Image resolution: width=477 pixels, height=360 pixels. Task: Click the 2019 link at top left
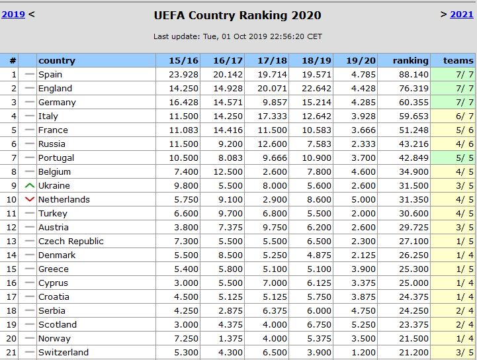pos(13,14)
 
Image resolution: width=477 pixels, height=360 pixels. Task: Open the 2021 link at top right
pos(462,14)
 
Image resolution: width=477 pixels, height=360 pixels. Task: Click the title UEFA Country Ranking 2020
pos(238,15)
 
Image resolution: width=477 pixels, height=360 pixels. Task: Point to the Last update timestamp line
pos(238,36)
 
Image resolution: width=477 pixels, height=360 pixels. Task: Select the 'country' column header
pos(57,60)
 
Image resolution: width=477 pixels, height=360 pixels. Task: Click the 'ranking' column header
pos(410,60)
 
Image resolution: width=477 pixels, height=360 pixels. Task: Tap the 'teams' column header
pos(458,60)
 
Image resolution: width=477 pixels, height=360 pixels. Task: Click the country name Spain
pos(50,74)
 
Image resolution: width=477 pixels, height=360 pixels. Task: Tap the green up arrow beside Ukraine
pos(29,185)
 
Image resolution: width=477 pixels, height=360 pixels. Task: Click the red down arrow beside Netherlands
pos(29,199)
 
